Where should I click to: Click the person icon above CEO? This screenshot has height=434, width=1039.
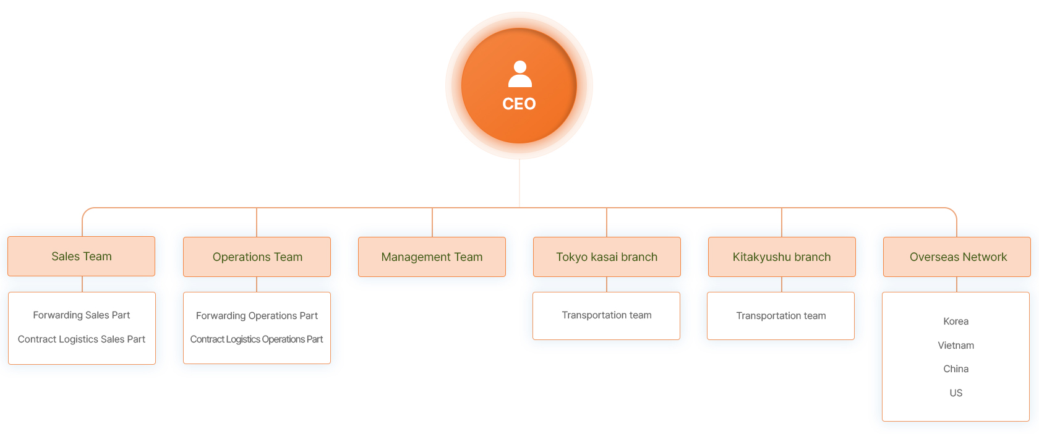(520, 74)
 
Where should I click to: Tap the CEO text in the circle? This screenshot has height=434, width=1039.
(519, 103)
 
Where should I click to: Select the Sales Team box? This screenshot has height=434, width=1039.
(81, 257)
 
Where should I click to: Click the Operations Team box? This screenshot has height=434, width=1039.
(257, 257)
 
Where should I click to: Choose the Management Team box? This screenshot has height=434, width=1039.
(432, 257)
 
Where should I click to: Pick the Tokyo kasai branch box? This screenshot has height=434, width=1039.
(607, 257)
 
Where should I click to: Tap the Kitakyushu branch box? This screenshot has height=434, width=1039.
(782, 257)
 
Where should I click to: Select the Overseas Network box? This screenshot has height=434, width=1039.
(957, 257)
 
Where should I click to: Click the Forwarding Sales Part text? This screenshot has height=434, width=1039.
(81, 315)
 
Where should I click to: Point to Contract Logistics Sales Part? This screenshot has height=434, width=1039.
(81, 339)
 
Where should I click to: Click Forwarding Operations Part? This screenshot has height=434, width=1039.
(257, 316)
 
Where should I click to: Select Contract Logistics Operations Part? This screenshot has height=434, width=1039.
(257, 339)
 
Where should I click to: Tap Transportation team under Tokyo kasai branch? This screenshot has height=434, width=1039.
(607, 315)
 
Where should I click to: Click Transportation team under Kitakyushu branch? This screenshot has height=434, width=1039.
(781, 316)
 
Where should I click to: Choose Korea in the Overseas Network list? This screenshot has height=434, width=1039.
(956, 321)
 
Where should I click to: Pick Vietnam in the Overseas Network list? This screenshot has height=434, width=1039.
(956, 346)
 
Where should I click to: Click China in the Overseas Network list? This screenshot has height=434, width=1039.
(956, 369)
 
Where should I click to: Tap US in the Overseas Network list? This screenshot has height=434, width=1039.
(956, 393)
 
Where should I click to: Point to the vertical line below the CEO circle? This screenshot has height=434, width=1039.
(519, 183)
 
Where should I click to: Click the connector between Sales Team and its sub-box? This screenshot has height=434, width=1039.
(82, 284)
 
